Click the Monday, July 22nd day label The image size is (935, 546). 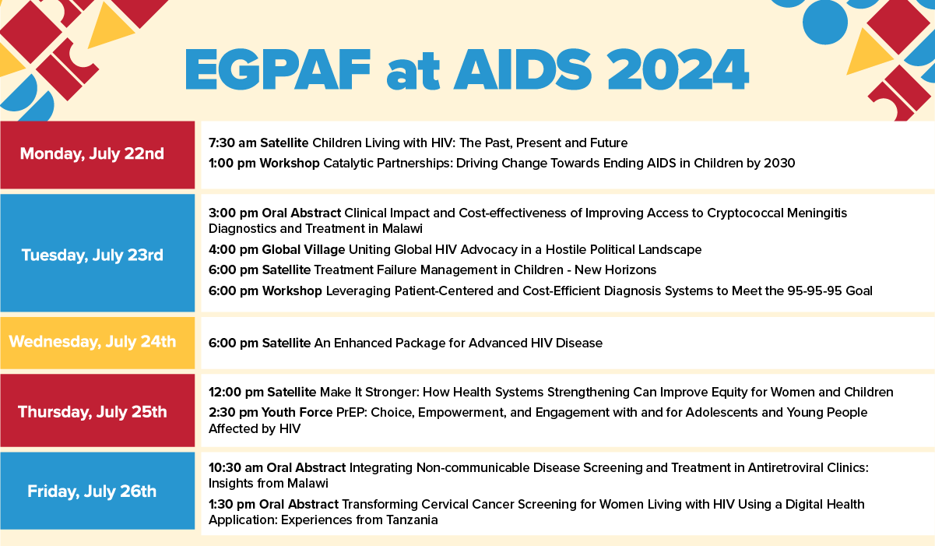click(92, 153)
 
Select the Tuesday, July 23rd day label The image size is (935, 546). click(92, 255)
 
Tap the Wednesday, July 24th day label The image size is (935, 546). click(92, 342)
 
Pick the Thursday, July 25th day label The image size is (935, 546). click(92, 411)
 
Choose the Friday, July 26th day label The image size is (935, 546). click(92, 491)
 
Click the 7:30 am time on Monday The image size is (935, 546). click(232, 143)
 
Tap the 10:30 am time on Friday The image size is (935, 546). click(236, 467)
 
